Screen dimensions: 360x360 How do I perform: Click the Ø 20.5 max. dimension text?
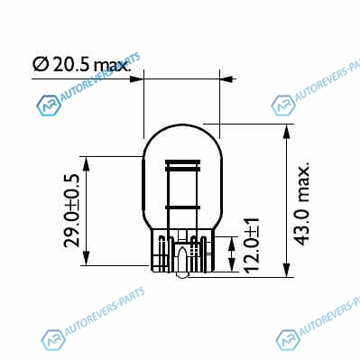[82, 65]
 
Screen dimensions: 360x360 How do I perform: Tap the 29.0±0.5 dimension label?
[72, 210]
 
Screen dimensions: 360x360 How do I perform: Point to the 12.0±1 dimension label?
[252, 245]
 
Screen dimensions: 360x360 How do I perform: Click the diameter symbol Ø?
[41, 65]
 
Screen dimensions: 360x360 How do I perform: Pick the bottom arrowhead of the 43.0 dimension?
[287, 270]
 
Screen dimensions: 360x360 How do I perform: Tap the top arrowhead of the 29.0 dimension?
[87, 164]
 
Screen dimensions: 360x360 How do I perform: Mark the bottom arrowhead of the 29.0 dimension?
[87, 258]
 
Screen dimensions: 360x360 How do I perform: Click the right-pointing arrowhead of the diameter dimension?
[136, 79]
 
